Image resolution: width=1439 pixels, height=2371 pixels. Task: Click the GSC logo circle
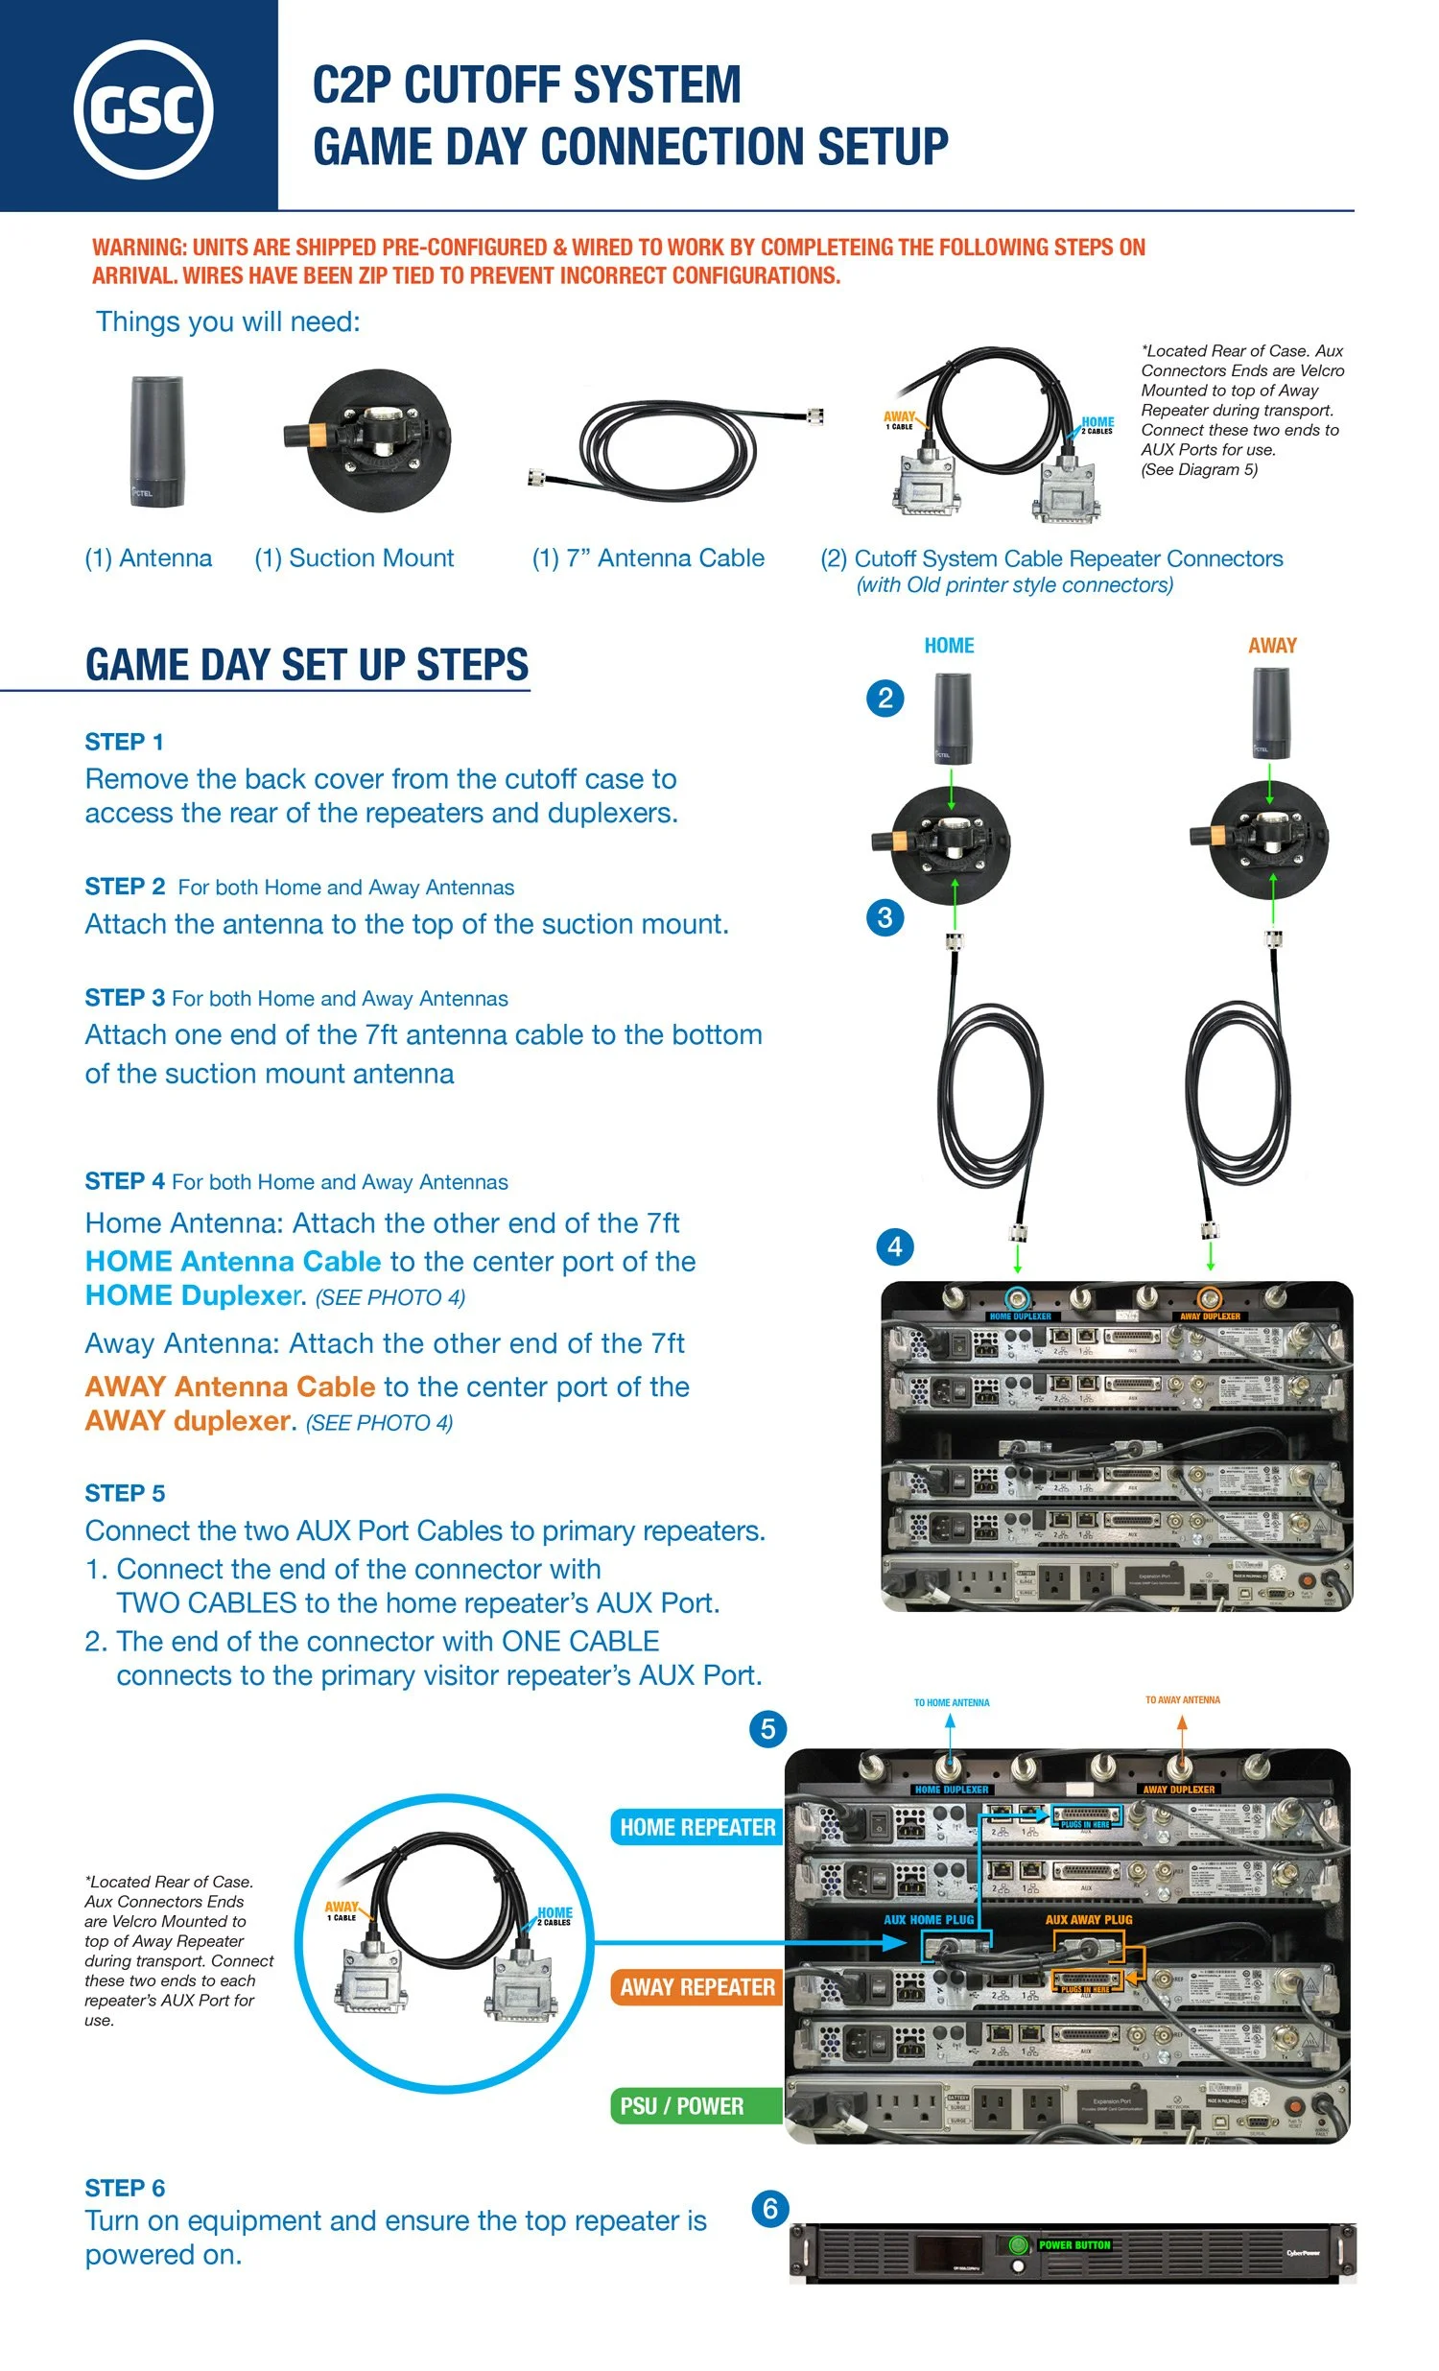pos(143,108)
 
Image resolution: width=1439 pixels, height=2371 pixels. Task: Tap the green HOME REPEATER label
pos(696,1826)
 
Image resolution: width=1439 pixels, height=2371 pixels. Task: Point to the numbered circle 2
pos(885,698)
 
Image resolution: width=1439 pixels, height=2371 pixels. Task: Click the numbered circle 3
pos(885,917)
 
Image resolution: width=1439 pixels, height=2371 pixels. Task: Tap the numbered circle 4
pos(894,1247)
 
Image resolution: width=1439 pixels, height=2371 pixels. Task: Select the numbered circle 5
pos(767,1729)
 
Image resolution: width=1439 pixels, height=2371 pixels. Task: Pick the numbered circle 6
pos(769,2209)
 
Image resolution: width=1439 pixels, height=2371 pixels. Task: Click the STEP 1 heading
pos(124,742)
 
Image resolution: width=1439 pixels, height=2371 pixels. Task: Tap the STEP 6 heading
pos(125,2188)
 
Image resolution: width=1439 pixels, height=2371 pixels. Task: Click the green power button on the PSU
pos(1018,2245)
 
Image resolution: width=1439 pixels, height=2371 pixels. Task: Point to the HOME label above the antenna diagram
pos(949,646)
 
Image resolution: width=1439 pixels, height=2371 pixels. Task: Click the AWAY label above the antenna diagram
pos(1272,646)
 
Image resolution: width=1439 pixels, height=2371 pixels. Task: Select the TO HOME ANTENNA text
pos(952,1702)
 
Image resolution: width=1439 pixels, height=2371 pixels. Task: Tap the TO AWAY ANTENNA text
pos(1182,1699)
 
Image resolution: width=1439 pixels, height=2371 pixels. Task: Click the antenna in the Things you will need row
pos(155,440)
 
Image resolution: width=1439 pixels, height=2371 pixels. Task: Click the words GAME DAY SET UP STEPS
pos(307,665)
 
